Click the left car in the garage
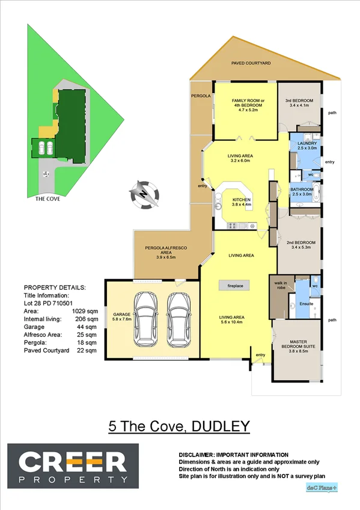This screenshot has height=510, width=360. (147, 316)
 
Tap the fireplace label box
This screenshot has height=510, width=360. (231, 286)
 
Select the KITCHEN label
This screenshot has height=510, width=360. (242, 201)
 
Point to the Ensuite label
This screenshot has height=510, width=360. (307, 304)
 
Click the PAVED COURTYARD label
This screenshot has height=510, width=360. (251, 63)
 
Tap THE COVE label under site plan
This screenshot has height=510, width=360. (46, 198)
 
